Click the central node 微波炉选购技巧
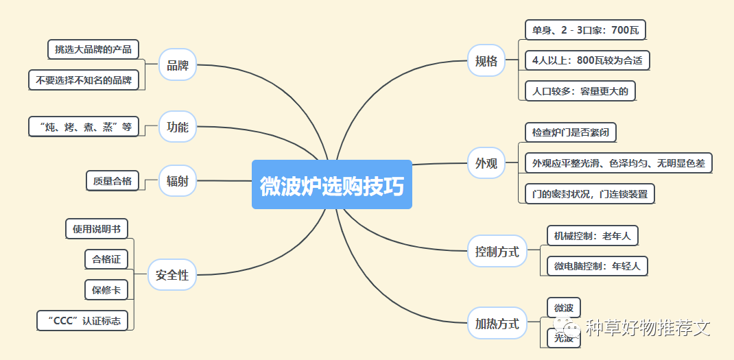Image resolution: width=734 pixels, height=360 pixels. (x=332, y=185)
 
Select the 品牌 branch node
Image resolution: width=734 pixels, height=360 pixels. (x=178, y=66)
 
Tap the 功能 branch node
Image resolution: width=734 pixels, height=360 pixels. (x=178, y=127)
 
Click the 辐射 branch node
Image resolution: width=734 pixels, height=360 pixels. (x=178, y=182)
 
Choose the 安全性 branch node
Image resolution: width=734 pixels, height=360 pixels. (x=172, y=275)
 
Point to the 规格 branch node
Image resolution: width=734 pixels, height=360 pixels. (x=486, y=61)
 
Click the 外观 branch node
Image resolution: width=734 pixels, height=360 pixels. (x=486, y=163)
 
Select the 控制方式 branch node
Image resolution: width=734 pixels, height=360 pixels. (x=497, y=252)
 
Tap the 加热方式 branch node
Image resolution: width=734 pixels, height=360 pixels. (x=497, y=324)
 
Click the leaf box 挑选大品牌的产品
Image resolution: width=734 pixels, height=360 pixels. (x=93, y=49)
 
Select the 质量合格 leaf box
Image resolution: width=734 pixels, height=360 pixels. (x=113, y=181)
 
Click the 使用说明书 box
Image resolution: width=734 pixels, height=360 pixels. (x=97, y=229)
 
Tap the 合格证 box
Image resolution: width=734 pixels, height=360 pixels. (x=106, y=259)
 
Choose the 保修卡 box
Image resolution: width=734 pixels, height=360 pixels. (x=106, y=290)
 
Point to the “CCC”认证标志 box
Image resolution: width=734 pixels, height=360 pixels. (x=82, y=320)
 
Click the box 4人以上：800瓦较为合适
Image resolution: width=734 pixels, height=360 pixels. (x=587, y=60)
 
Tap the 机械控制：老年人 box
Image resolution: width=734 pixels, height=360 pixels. (x=593, y=237)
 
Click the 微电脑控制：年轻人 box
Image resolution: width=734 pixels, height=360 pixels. (x=597, y=266)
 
